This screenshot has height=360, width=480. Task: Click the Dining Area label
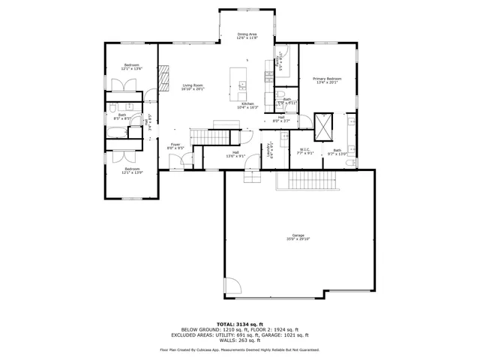tap(247, 34)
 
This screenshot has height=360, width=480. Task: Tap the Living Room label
tap(193, 85)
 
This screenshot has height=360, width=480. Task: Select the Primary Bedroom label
tap(327, 79)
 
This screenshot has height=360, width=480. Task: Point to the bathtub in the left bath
tap(118, 134)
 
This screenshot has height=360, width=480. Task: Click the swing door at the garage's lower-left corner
tap(233, 286)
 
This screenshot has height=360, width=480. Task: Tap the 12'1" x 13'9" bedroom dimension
tap(133, 172)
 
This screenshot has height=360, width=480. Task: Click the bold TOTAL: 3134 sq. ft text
tap(240, 324)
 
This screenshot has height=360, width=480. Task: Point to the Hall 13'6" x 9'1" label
tap(235, 154)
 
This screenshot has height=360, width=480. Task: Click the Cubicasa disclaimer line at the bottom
tap(240, 349)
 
